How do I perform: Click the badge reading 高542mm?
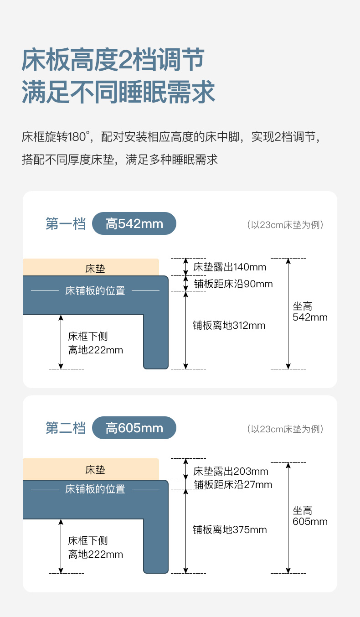click(x=134, y=224)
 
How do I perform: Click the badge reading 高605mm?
click(x=134, y=428)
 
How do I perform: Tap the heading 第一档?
click(x=66, y=224)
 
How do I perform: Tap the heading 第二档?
click(x=66, y=428)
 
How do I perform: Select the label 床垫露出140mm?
click(x=230, y=267)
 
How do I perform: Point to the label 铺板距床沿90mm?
click(x=233, y=284)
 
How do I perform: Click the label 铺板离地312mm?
click(x=229, y=325)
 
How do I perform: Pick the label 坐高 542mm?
click(x=310, y=312)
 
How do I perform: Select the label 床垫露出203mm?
click(x=231, y=471)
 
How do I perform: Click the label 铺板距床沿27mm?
click(x=233, y=484)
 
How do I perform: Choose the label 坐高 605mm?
click(x=310, y=516)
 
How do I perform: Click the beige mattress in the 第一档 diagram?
click(x=91, y=268)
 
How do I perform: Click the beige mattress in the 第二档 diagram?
click(x=91, y=470)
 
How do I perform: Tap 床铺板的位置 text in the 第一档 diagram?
click(x=95, y=290)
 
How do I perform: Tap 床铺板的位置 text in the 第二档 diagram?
click(x=95, y=489)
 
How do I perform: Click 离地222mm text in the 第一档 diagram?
click(x=96, y=350)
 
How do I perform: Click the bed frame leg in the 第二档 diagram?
click(x=156, y=543)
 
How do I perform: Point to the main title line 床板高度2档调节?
click(x=113, y=60)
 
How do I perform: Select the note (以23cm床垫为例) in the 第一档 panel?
click(x=285, y=225)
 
